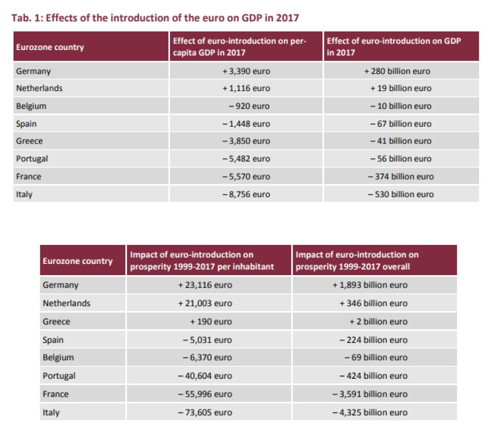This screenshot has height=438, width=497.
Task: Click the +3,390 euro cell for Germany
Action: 246,71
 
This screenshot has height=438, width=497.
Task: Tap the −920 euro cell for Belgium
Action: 249,106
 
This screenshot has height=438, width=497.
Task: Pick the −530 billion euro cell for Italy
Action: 401,194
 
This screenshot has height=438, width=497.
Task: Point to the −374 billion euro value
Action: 401,176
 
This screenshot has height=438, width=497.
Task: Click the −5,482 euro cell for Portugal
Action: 246,159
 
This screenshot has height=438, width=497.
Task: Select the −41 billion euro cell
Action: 401,141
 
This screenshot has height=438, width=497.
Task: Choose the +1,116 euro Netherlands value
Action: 246,88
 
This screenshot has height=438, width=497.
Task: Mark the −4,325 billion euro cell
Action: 370,412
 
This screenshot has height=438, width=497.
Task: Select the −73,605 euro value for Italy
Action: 205,412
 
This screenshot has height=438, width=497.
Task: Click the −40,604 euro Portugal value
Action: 205,375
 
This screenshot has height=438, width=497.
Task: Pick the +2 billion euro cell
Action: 378,321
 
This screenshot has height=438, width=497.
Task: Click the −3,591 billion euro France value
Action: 370,394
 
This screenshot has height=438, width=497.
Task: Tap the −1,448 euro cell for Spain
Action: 246,124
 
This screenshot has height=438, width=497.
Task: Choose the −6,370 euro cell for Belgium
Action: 207,357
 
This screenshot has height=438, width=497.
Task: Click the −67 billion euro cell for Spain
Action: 401,124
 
